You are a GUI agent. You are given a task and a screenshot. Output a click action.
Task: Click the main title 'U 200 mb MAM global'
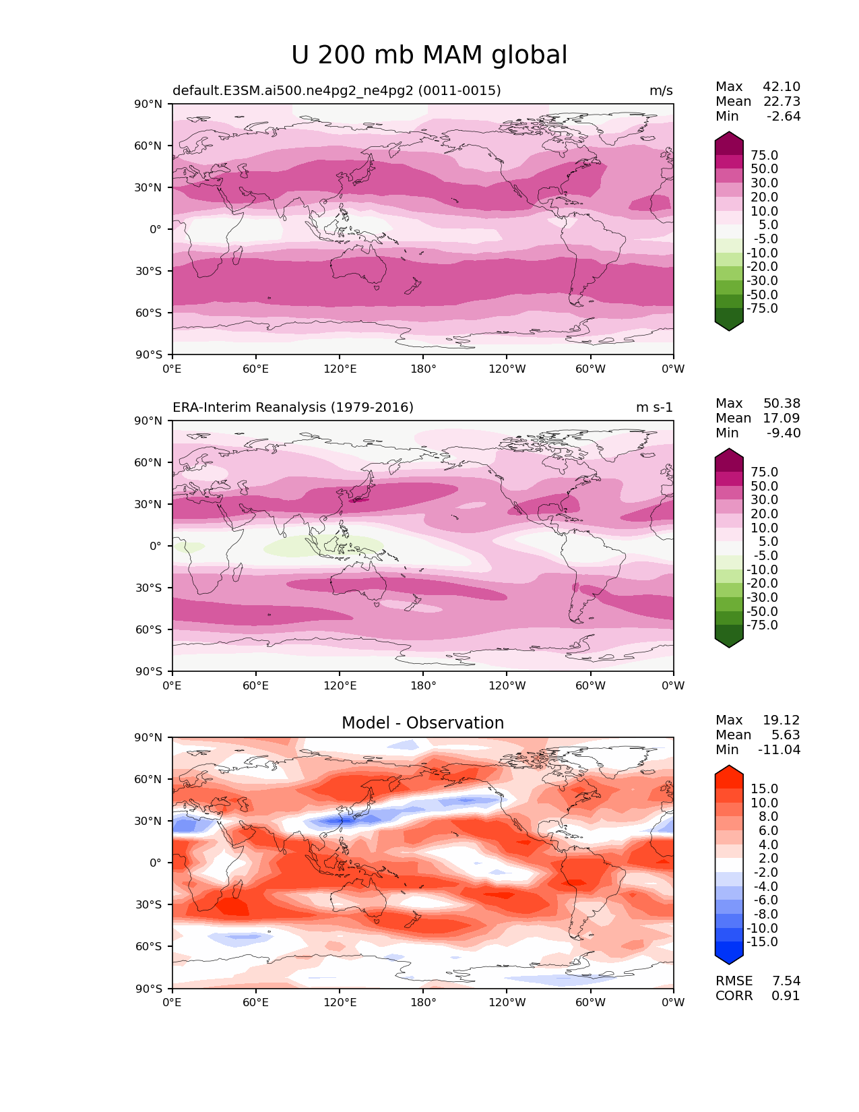(429, 55)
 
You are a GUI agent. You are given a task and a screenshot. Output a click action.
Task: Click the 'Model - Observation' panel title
(422, 723)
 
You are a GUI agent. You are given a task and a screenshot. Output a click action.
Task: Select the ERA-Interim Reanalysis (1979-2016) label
(293, 408)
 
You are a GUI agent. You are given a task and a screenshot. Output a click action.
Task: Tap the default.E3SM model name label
(336, 91)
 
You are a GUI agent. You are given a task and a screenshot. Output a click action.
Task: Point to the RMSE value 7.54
(786, 981)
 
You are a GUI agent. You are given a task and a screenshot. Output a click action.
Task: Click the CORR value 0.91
(786, 996)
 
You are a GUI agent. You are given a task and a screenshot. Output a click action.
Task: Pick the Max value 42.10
(782, 87)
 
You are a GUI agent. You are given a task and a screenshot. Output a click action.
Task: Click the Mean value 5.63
(786, 735)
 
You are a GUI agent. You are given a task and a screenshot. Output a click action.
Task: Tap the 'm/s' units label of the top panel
(661, 91)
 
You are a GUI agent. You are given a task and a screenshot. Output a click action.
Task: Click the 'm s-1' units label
(654, 408)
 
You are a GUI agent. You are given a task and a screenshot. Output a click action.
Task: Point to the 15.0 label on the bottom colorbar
(764, 789)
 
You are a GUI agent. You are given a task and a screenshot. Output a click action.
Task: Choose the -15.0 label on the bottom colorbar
(762, 942)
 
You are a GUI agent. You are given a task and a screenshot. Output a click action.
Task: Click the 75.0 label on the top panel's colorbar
(764, 156)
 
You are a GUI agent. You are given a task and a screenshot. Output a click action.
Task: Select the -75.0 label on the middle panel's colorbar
(762, 625)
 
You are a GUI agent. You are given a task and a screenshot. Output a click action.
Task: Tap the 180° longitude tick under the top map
(423, 369)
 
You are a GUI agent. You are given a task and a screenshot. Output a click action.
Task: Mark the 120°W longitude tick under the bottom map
(507, 1003)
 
